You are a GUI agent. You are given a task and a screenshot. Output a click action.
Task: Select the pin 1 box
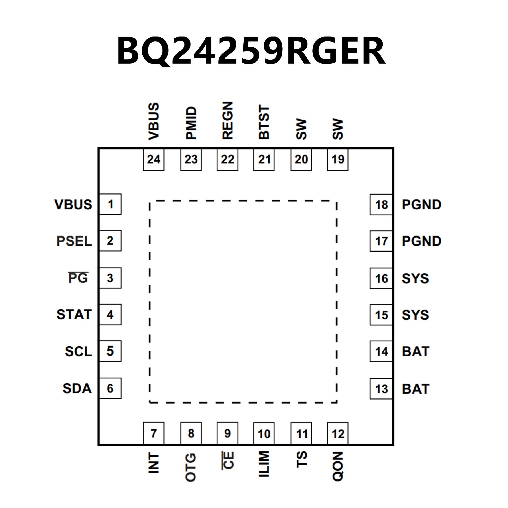pos(110,204)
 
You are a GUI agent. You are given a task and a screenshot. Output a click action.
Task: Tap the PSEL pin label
pos(74,241)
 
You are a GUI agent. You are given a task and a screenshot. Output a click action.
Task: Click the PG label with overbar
pos(78,278)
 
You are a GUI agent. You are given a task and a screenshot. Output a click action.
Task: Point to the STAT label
pos(74,315)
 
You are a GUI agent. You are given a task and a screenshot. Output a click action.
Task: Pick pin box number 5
pos(110,351)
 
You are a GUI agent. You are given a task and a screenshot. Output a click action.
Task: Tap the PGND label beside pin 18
pos(421,205)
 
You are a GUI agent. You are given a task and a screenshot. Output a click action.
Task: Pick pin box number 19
pos(338,160)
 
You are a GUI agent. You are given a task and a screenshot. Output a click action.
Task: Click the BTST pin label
pos(264,122)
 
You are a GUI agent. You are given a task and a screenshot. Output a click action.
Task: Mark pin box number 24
pos(153,160)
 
